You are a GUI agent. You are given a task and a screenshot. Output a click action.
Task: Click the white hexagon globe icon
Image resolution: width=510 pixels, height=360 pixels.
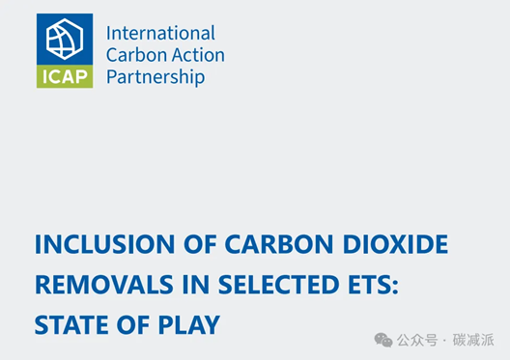click(x=65, y=39)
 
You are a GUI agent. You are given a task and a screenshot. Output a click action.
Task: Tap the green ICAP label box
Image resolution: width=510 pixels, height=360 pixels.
click(x=65, y=76)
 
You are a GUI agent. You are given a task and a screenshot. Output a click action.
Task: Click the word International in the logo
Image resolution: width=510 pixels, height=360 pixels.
click(x=160, y=33)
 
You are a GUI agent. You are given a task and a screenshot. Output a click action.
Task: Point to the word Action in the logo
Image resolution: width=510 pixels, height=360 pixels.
click(x=198, y=55)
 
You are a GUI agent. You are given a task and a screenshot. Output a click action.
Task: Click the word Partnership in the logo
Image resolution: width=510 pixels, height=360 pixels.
click(x=156, y=77)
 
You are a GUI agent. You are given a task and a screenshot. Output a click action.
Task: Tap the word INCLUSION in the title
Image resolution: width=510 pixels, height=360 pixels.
click(x=104, y=244)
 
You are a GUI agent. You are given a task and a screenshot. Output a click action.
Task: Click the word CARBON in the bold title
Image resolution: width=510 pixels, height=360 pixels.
click(x=279, y=244)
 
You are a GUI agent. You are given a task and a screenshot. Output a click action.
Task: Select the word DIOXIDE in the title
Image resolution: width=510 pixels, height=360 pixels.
click(x=395, y=244)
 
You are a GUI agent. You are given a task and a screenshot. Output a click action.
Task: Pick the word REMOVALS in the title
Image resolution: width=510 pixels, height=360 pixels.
click(x=104, y=285)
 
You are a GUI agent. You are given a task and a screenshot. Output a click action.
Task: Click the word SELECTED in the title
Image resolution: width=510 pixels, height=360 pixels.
click(x=279, y=285)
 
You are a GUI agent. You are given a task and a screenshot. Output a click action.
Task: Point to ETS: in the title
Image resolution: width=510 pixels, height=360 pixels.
click(x=374, y=285)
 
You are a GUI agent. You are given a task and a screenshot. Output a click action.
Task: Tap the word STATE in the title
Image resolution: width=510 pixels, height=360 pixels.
click(x=71, y=325)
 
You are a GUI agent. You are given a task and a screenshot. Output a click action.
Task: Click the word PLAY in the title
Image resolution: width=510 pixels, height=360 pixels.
click(x=189, y=325)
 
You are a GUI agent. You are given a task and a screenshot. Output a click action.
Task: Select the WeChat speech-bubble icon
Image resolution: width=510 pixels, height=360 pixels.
click(x=383, y=340)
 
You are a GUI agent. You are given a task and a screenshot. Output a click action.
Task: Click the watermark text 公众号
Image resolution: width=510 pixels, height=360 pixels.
click(x=417, y=340)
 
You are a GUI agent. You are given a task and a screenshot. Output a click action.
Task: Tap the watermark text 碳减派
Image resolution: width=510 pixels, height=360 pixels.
click(x=473, y=340)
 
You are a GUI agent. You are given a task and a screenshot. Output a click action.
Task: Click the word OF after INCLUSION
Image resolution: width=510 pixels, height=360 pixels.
click(x=200, y=244)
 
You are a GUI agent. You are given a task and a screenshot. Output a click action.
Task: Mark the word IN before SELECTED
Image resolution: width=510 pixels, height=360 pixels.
click(x=195, y=285)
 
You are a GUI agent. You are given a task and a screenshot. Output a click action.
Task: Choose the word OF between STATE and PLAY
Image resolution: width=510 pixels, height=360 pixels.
click(x=133, y=325)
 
